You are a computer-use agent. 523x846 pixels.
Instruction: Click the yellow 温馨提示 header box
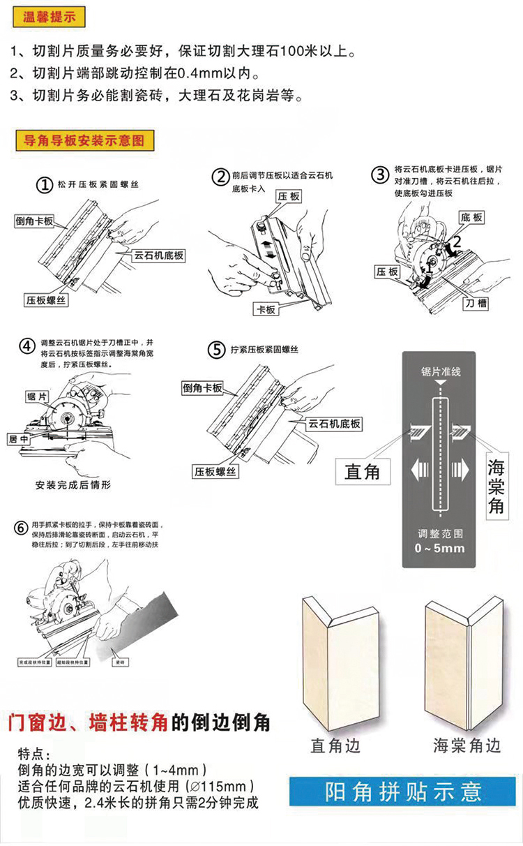(x=50, y=17)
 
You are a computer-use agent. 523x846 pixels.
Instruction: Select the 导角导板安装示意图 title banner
(x=84, y=140)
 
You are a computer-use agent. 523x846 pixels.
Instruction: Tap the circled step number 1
(x=45, y=185)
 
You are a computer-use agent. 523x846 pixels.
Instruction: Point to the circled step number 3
(x=379, y=175)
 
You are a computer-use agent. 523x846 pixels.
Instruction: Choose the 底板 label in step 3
(x=471, y=218)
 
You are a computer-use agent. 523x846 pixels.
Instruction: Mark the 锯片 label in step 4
(x=38, y=396)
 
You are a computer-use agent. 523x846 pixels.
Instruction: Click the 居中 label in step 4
(x=19, y=439)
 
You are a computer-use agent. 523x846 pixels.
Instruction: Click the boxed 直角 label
(x=363, y=472)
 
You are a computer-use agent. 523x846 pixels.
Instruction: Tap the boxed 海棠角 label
(x=496, y=486)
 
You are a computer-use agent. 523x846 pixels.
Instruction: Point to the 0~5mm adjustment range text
(x=439, y=548)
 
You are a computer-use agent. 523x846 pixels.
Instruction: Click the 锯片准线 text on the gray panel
(x=441, y=372)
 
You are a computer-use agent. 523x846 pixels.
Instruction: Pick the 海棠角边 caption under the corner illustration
(x=467, y=746)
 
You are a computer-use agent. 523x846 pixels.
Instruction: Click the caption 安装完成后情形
(x=73, y=484)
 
